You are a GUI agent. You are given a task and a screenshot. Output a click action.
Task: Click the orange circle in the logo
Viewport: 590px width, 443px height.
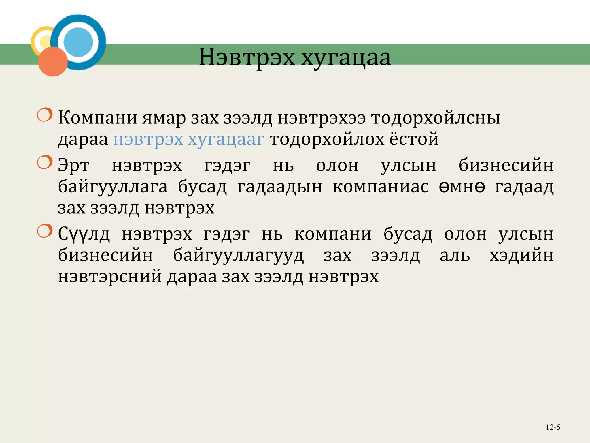pyautogui.click(x=53, y=62)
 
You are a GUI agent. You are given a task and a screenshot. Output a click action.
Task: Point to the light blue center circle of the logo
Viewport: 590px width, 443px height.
pyautogui.click(x=78, y=42)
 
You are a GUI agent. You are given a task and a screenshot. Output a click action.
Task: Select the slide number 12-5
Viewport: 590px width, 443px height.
pyautogui.click(x=553, y=427)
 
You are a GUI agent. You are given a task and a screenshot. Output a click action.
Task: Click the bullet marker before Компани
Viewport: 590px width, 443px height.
pyautogui.click(x=45, y=115)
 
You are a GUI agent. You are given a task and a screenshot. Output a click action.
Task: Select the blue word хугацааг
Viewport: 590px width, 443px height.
pyautogui.click(x=226, y=139)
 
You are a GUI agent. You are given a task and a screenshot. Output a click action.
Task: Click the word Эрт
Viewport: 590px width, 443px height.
pyautogui.click(x=74, y=166)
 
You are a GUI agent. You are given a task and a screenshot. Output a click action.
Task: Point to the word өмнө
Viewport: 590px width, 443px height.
pyautogui.click(x=462, y=187)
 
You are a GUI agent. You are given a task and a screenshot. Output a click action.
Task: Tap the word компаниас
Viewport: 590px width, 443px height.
pyautogui.click(x=381, y=187)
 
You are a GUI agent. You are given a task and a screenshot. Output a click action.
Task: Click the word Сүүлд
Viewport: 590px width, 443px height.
pyautogui.click(x=84, y=234)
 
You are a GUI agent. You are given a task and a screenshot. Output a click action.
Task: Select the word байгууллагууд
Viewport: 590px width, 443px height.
pyautogui.click(x=238, y=256)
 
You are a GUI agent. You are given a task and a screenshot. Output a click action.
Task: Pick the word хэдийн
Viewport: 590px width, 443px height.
pyautogui.click(x=521, y=255)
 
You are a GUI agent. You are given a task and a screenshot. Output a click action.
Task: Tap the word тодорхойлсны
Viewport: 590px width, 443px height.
pyautogui.click(x=435, y=118)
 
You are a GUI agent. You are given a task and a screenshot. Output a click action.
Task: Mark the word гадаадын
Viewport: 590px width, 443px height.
pyautogui.click(x=279, y=187)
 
